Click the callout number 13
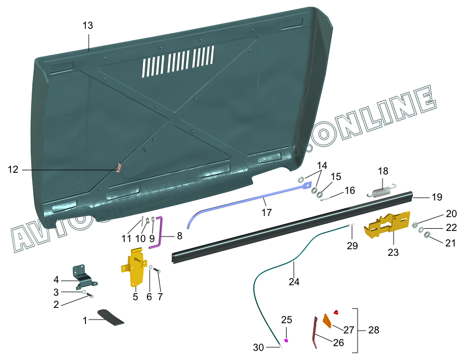click(88, 25)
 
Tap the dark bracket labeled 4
click(84, 275)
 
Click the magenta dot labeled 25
click(286, 340)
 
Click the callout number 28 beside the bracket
click(374, 330)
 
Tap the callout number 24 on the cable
click(294, 281)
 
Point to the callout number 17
click(267, 212)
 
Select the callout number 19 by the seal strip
click(437, 196)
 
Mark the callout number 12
click(13, 169)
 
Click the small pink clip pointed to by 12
click(118, 167)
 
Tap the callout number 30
click(258, 347)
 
